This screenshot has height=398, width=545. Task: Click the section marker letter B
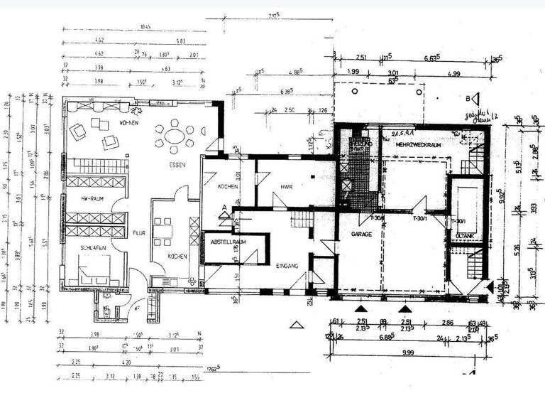tap(468, 98)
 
